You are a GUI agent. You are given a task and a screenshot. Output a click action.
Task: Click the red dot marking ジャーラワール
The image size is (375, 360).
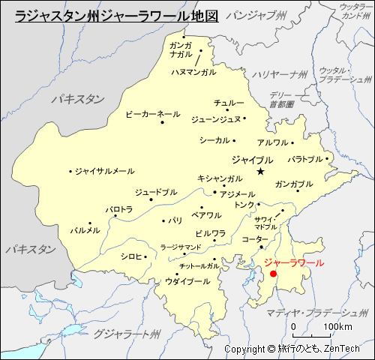point(273,274)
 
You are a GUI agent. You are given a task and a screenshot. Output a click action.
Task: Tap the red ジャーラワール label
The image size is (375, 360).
point(295,263)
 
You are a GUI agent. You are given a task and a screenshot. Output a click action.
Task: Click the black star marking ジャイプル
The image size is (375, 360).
point(260,172)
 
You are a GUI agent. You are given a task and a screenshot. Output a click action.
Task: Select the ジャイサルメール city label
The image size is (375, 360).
point(104,171)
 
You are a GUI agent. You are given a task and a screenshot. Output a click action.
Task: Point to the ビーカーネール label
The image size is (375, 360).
point(152,114)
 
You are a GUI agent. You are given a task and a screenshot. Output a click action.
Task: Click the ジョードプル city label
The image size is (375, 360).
point(156,192)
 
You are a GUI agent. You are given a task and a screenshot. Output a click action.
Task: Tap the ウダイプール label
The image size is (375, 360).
point(187,281)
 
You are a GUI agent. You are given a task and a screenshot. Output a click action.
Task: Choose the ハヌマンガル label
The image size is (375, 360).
point(193,72)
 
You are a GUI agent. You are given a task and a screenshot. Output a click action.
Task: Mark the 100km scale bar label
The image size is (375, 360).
point(337,328)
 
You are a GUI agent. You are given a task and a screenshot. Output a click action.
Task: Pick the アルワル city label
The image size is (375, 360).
point(272,142)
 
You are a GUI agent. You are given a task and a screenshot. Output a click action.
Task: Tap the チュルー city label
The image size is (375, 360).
point(229,102)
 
